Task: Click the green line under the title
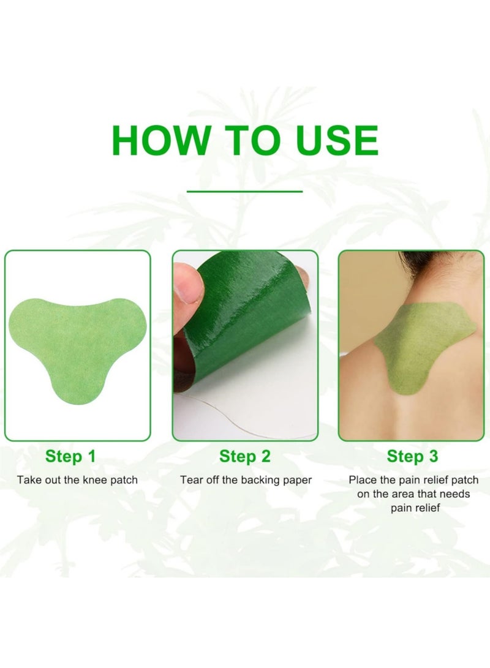[x=244, y=192]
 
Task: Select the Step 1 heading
[x=70, y=456]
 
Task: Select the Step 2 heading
[x=244, y=456]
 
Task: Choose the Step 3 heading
[x=412, y=456]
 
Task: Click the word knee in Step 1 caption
[x=94, y=480]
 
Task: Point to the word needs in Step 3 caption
[x=454, y=494]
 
